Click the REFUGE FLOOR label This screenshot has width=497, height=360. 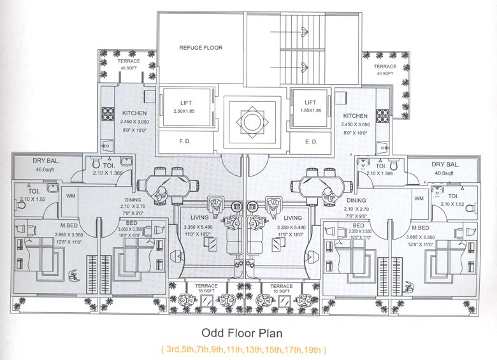(x=201, y=48)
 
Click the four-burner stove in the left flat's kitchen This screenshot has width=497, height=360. (x=108, y=116)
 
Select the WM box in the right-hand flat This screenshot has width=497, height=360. (x=419, y=199)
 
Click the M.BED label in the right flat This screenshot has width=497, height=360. (x=420, y=227)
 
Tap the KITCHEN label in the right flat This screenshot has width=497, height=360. (x=356, y=115)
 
